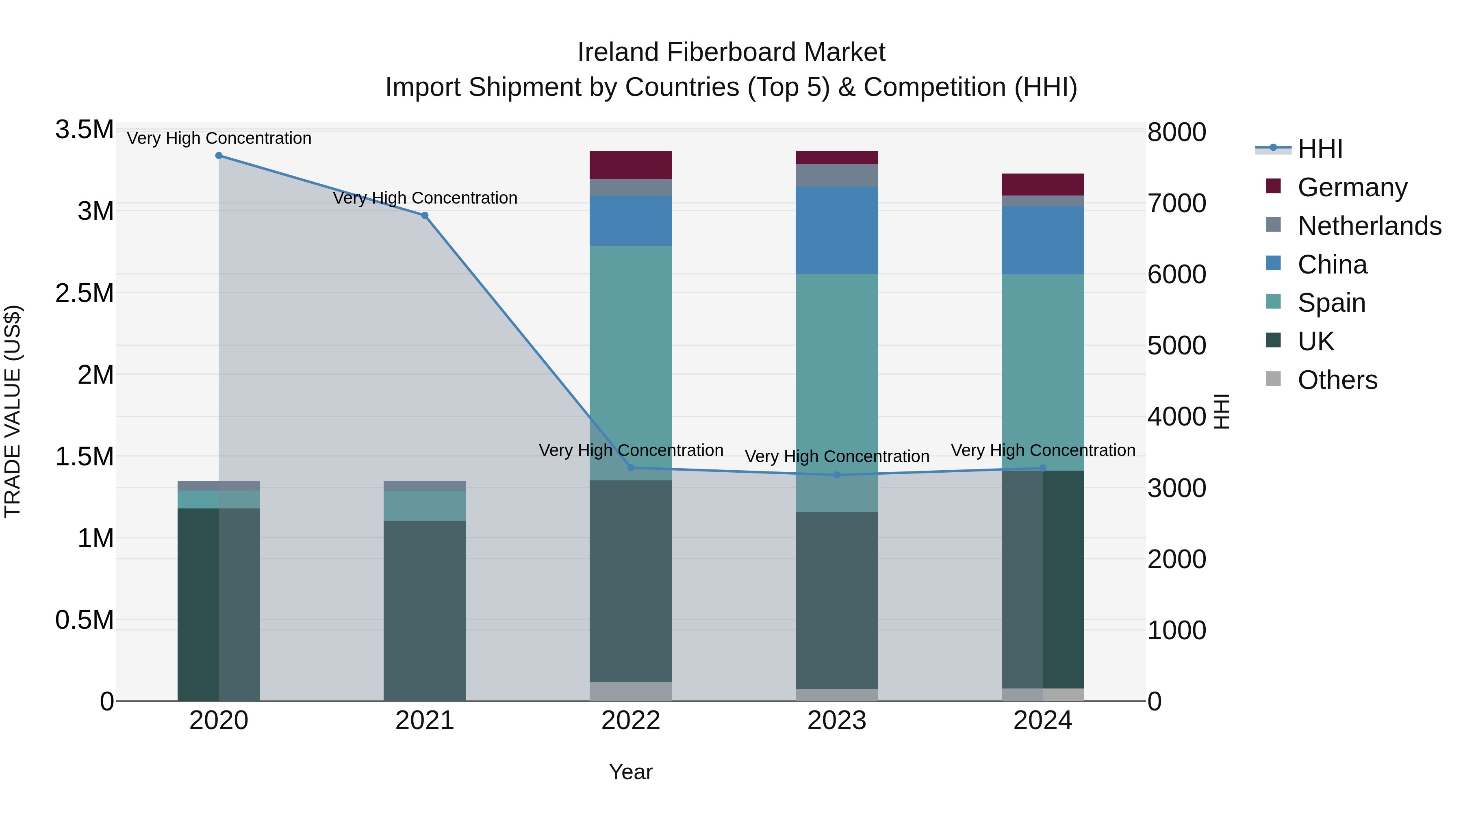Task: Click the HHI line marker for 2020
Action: pos(219,156)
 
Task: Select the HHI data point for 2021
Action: pos(425,215)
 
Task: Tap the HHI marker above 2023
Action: pos(837,475)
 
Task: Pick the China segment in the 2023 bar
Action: pos(837,230)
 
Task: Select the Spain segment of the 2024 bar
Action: pos(1043,372)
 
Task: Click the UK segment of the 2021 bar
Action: pos(425,610)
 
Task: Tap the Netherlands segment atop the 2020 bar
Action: pos(219,486)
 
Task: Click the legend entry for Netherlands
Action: pos(1369,226)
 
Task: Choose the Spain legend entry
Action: pos(1331,303)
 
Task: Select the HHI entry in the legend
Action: pos(1320,149)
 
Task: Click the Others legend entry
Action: pos(1337,380)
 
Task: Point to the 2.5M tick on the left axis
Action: pos(84,293)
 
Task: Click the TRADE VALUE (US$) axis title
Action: pos(13,411)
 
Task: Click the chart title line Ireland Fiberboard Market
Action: pos(731,52)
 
